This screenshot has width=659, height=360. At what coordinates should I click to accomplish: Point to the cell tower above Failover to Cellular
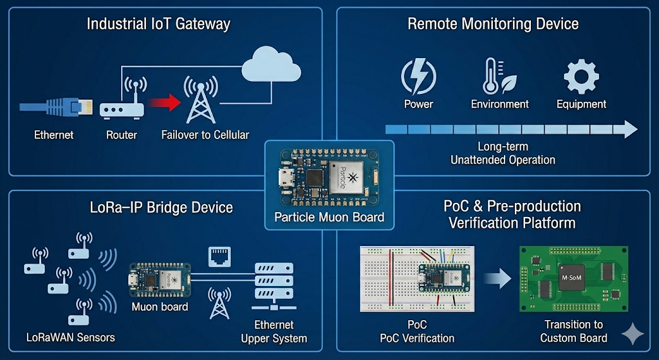tap(200, 99)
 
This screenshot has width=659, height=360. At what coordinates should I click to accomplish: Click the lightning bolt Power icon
tap(418, 77)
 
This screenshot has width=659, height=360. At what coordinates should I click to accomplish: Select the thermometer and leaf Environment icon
tap(499, 77)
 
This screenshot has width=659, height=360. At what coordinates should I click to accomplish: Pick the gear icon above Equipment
tap(581, 77)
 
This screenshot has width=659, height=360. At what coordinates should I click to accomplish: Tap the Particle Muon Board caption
tap(329, 216)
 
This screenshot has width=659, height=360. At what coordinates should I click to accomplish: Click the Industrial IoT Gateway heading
tap(158, 24)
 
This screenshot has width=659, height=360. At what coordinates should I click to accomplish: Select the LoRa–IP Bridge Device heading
tap(160, 207)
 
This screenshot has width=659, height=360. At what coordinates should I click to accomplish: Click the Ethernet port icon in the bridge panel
tap(219, 257)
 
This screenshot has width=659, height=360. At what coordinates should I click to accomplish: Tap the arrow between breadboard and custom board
tap(497, 279)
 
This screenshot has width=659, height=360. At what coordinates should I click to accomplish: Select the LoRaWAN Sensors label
tap(70, 337)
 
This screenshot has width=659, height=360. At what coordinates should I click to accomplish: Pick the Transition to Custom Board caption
tap(573, 331)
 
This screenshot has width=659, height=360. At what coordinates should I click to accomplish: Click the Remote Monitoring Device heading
tap(493, 24)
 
